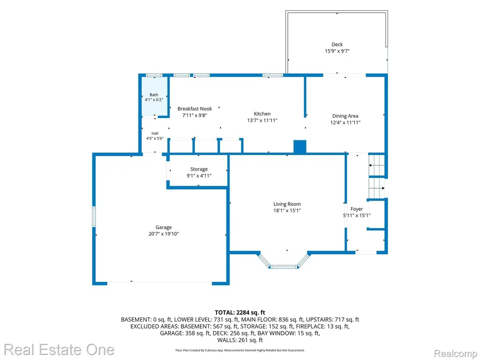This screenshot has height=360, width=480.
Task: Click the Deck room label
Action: (x=337, y=45)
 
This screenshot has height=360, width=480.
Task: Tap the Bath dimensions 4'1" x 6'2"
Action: (x=154, y=100)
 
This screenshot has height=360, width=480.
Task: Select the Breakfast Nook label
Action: (x=195, y=109)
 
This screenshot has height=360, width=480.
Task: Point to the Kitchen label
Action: (x=262, y=113)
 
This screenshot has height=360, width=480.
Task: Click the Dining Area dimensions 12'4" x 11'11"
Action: (x=345, y=122)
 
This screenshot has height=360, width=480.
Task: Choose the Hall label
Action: (x=155, y=134)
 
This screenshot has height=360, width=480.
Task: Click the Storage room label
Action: (x=199, y=169)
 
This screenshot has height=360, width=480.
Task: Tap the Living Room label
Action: (x=287, y=204)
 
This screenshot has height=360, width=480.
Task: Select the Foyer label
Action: (x=357, y=209)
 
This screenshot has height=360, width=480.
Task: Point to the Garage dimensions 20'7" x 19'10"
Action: (x=164, y=234)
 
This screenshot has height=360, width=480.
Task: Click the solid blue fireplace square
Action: (x=300, y=147)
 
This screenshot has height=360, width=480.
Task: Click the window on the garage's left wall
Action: (x=94, y=217)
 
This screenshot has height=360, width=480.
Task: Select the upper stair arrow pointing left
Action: (x=376, y=165)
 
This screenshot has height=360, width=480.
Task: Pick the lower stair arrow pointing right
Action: (x=376, y=188)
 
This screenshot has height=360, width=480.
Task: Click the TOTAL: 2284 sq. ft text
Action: (x=240, y=313)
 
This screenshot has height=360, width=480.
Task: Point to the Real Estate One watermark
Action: (x=59, y=350)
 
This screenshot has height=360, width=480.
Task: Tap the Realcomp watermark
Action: (x=456, y=353)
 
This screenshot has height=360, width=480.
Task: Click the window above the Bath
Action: (x=154, y=75)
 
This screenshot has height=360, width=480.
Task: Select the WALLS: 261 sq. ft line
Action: (x=240, y=340)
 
